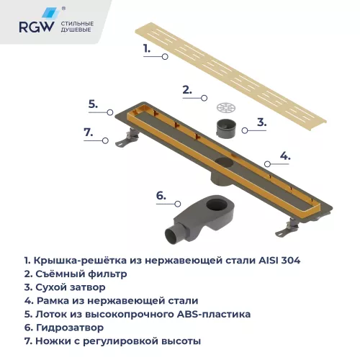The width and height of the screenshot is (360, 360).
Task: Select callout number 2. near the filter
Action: (186, 90)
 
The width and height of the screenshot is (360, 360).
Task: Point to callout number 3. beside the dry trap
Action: (262, 122)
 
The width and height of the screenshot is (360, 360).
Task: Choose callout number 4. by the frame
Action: (285, 156)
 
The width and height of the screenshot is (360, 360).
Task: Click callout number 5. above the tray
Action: (93, 104)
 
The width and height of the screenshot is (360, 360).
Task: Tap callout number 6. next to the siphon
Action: (161, 195)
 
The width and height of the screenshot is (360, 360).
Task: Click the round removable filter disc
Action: (226, 107)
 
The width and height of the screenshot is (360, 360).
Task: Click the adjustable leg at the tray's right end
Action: (292, 228)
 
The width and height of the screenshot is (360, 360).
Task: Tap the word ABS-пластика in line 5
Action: (210, 314)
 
